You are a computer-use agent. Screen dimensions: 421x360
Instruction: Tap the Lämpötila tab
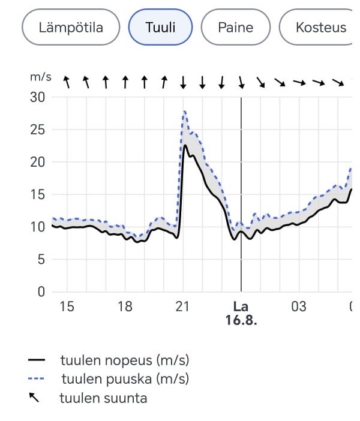tap(71, 27)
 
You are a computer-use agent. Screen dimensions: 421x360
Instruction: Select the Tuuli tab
tap(160, 27)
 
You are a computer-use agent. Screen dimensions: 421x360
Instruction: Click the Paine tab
tap(235, 27)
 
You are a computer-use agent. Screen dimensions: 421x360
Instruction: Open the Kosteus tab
tap(320, 27)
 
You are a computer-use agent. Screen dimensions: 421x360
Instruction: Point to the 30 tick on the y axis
tap(37, 97)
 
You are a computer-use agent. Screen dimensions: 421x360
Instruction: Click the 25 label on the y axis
tap(37, 130)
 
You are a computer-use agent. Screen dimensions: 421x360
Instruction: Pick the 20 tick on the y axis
tap(37, 162)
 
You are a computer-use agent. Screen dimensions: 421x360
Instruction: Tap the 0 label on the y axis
tap(41, 292)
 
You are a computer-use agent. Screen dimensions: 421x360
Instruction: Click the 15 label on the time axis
tap(67, 307)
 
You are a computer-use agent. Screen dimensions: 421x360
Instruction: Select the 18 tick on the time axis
tap(125, 307)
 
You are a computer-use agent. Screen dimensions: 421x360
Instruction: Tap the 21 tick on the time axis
tap(183, 307)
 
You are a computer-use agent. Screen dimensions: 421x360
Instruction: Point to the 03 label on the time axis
tap(299, 307)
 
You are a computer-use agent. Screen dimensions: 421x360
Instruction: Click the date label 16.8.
tap(241, 320)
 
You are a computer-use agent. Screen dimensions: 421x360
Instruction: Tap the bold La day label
tap(241, 307)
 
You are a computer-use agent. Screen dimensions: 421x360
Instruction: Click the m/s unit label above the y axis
tap(41, 78)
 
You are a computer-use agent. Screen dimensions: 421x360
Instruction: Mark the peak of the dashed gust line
tap(185, 111)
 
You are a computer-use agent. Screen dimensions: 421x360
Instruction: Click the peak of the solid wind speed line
tap(185, 145)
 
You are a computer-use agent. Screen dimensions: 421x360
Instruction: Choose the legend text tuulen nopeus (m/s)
tap(124, 360)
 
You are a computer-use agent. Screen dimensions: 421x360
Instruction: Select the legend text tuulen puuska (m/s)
tap(125, 379)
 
